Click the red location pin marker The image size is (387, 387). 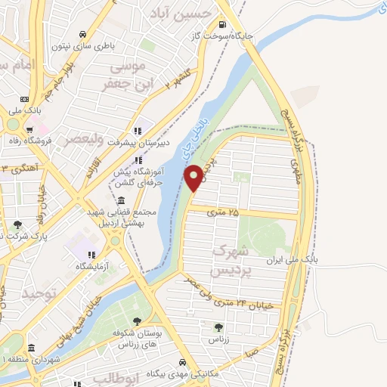coord(193,177)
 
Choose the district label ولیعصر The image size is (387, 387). coord(98,138)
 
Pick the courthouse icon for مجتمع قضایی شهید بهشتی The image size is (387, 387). coord(122,200)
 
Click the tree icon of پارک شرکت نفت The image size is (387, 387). coord(17,224)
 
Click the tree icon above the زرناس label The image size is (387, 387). coord(218,327)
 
